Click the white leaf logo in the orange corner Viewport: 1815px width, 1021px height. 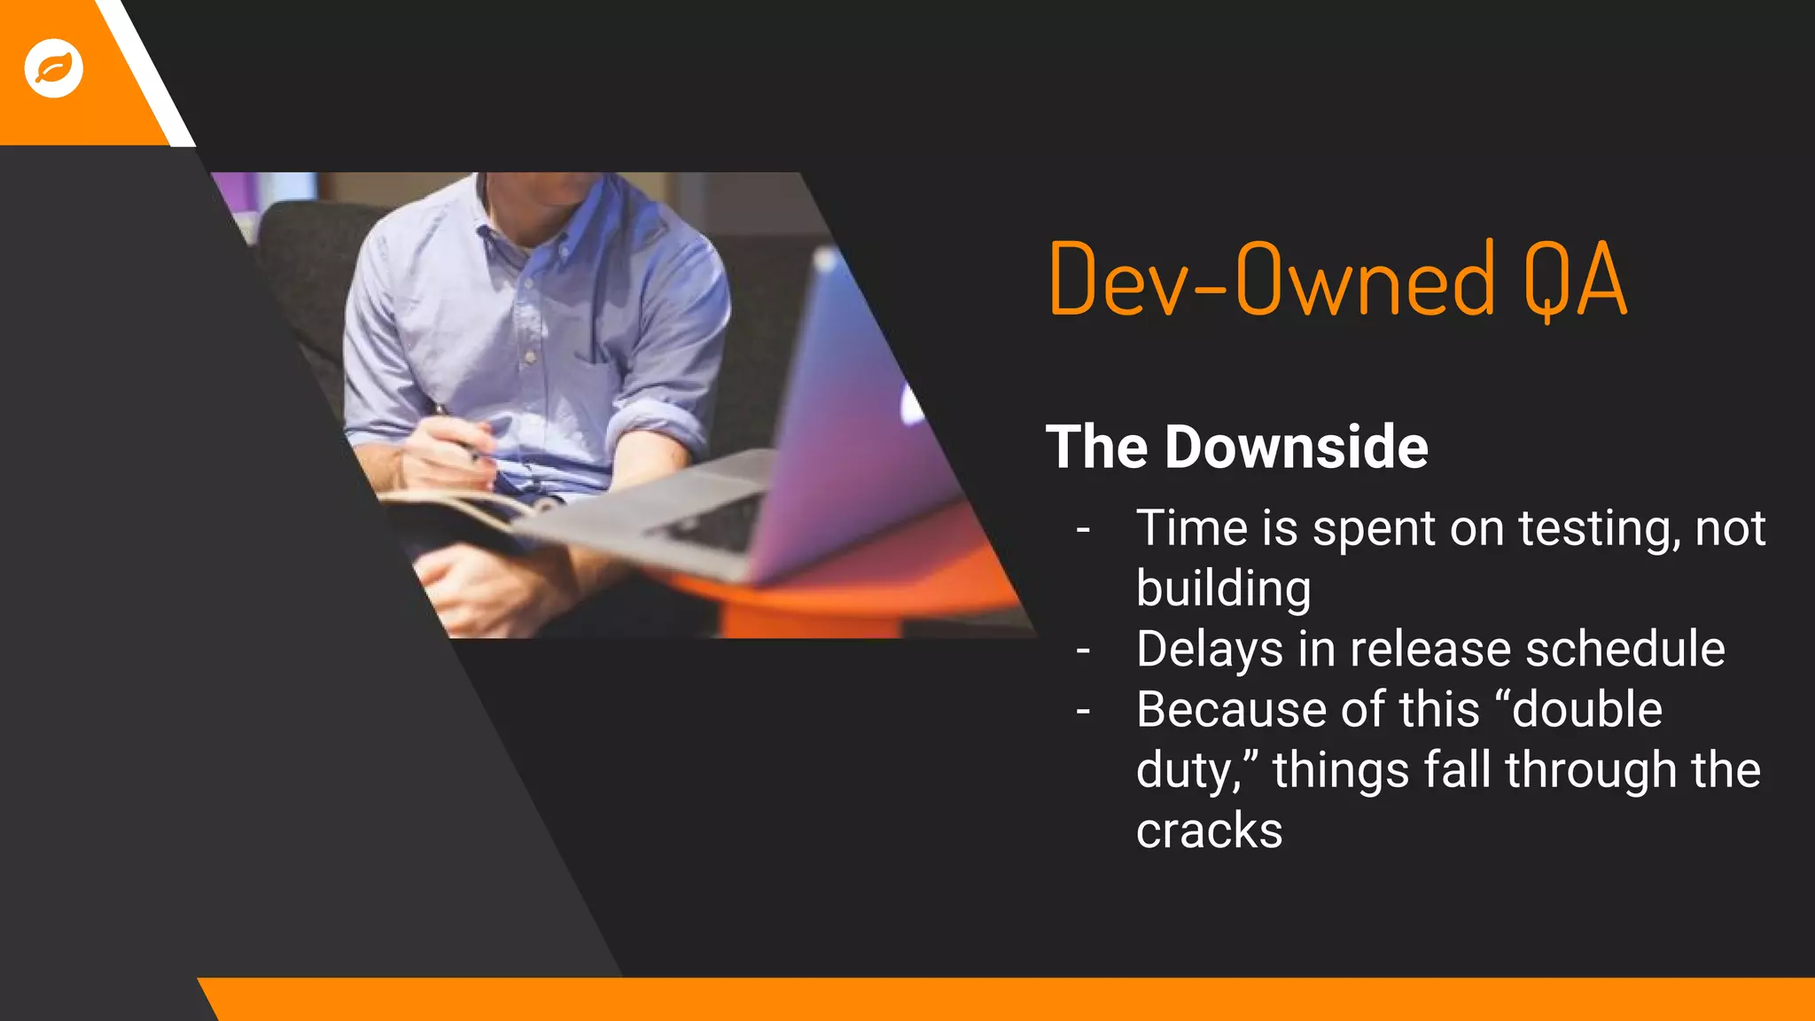(54, 68)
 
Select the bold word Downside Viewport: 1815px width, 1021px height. (1296, 447)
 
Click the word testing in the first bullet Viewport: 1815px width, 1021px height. (1599, 529)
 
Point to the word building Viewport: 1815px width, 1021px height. (1223, 589)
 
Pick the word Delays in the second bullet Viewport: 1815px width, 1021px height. (1210, 650)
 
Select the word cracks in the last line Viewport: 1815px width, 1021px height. (1209, 831)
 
